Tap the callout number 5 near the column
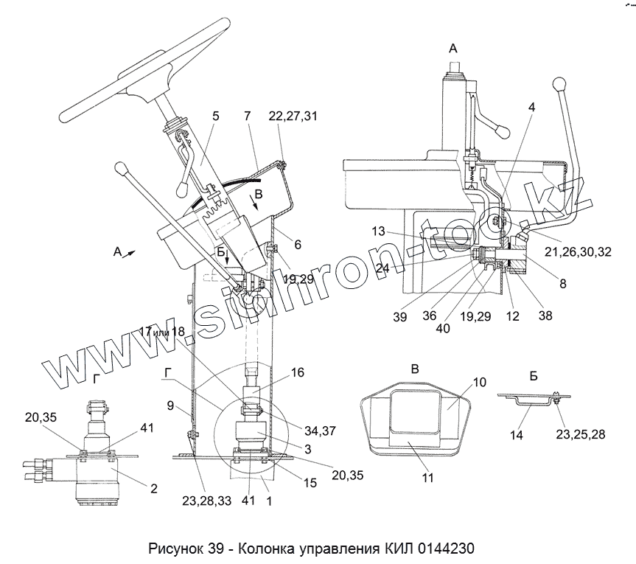coord(216,116)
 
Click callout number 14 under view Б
coord(517,436)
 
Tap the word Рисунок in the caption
coord(180,549)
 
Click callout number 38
coord(546,316)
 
